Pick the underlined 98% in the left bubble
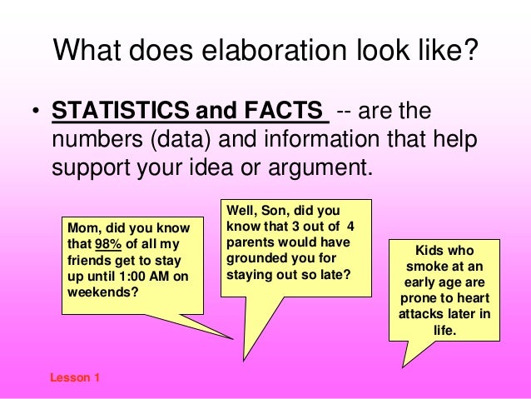pyautogui.click(x=107, y=245)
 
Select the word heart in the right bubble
pyautogui.click(x=471, y=299)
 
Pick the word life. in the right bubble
pyautogui.click(x=444, y=331)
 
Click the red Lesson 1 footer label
pyautogui.click(x=75, y=377)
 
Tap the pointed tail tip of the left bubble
pyautogui.click(x=234, y=339)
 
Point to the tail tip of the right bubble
pyautogui.click(x=403, y=367)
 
